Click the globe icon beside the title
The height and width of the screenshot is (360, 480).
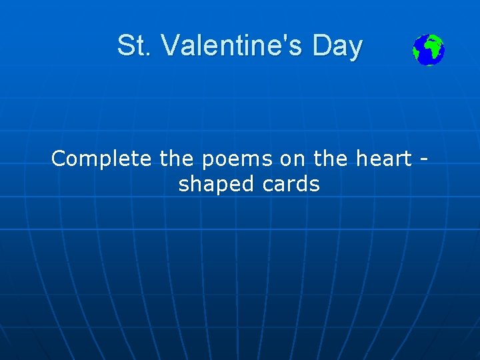pos(428,50)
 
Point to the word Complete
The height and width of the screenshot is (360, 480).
pos(102,159)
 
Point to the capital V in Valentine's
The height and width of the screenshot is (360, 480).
pos(170,46)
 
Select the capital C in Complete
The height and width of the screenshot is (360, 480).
pos(59,159)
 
